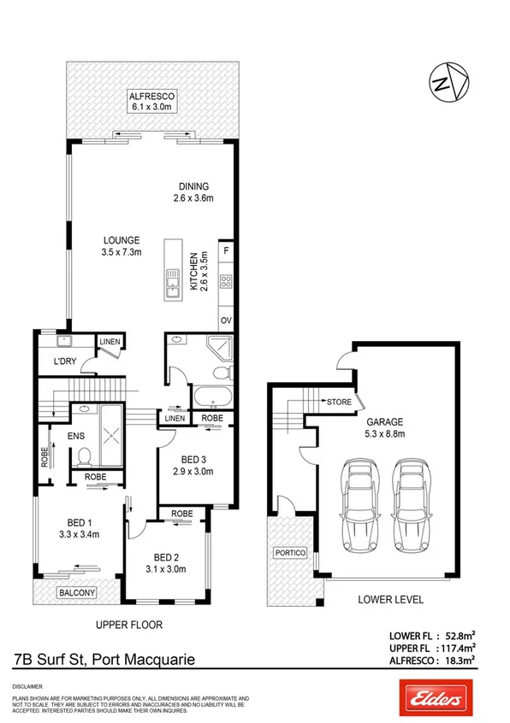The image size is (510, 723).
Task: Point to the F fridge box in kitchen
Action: (226, 251)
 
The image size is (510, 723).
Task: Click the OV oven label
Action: (226, 320)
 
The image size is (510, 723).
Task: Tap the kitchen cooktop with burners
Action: (226, 281)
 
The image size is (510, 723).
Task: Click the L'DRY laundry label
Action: (65, 361)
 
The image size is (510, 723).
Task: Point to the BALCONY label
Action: (75, 591)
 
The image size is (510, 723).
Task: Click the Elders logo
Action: (432, 698)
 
